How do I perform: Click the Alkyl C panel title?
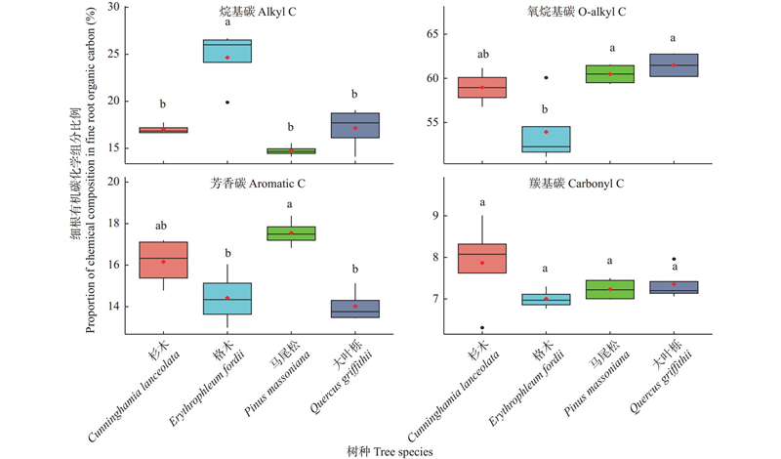click(x=257, y=12)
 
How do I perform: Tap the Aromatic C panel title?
click(x=257, y=184)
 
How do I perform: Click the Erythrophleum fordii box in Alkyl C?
click(x=227, y=51)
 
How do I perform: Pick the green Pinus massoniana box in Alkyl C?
click(x=292, y=151)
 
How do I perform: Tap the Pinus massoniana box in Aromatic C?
click(x=292, y=232)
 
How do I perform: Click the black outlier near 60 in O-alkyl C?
click(x=546, y=77)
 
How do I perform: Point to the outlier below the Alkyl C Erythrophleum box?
click(x=227, y=102)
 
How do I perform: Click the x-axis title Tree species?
click(x=390, y=450)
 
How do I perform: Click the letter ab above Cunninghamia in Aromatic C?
click(x=163, y=226)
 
